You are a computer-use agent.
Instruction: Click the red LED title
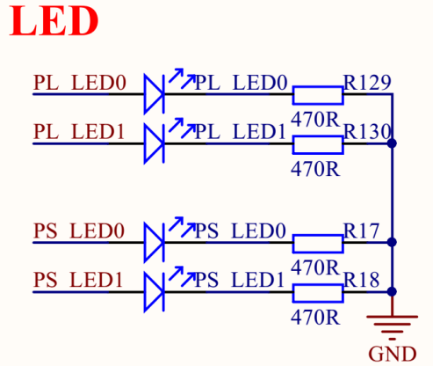[x=54, y=21]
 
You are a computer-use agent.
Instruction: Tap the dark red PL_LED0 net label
[x=80, y=83]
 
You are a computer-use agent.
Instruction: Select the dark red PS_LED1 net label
[x=78, y=280]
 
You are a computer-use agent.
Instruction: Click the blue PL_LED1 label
[x=240, y=132]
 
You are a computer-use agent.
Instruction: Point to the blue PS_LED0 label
[x=240, y=231]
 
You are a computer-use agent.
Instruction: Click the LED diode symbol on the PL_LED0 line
[x=155, y=94]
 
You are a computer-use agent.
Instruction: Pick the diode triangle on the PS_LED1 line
[x=155, y=292]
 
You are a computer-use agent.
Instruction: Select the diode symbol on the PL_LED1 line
[x=155, y=143]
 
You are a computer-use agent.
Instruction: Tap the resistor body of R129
[x=318, y=95]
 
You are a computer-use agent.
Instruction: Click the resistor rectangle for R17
[x=318, y=244]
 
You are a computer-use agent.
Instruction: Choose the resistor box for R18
[x=318, y=293]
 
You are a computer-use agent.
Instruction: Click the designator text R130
[x=367, y=132]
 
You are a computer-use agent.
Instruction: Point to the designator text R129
[x=367, y=83]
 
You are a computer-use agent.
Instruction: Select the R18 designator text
[x=362, y=280]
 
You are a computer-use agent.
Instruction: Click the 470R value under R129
[x=315, y=120]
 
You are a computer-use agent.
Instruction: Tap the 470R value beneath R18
[x=315, y=318]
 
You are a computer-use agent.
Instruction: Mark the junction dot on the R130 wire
[x=392, y=143]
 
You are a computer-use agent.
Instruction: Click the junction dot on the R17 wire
[x=392, y=242]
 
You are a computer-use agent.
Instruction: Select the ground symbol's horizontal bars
[x=393, y=328]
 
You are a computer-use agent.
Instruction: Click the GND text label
[x=393, y=354]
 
